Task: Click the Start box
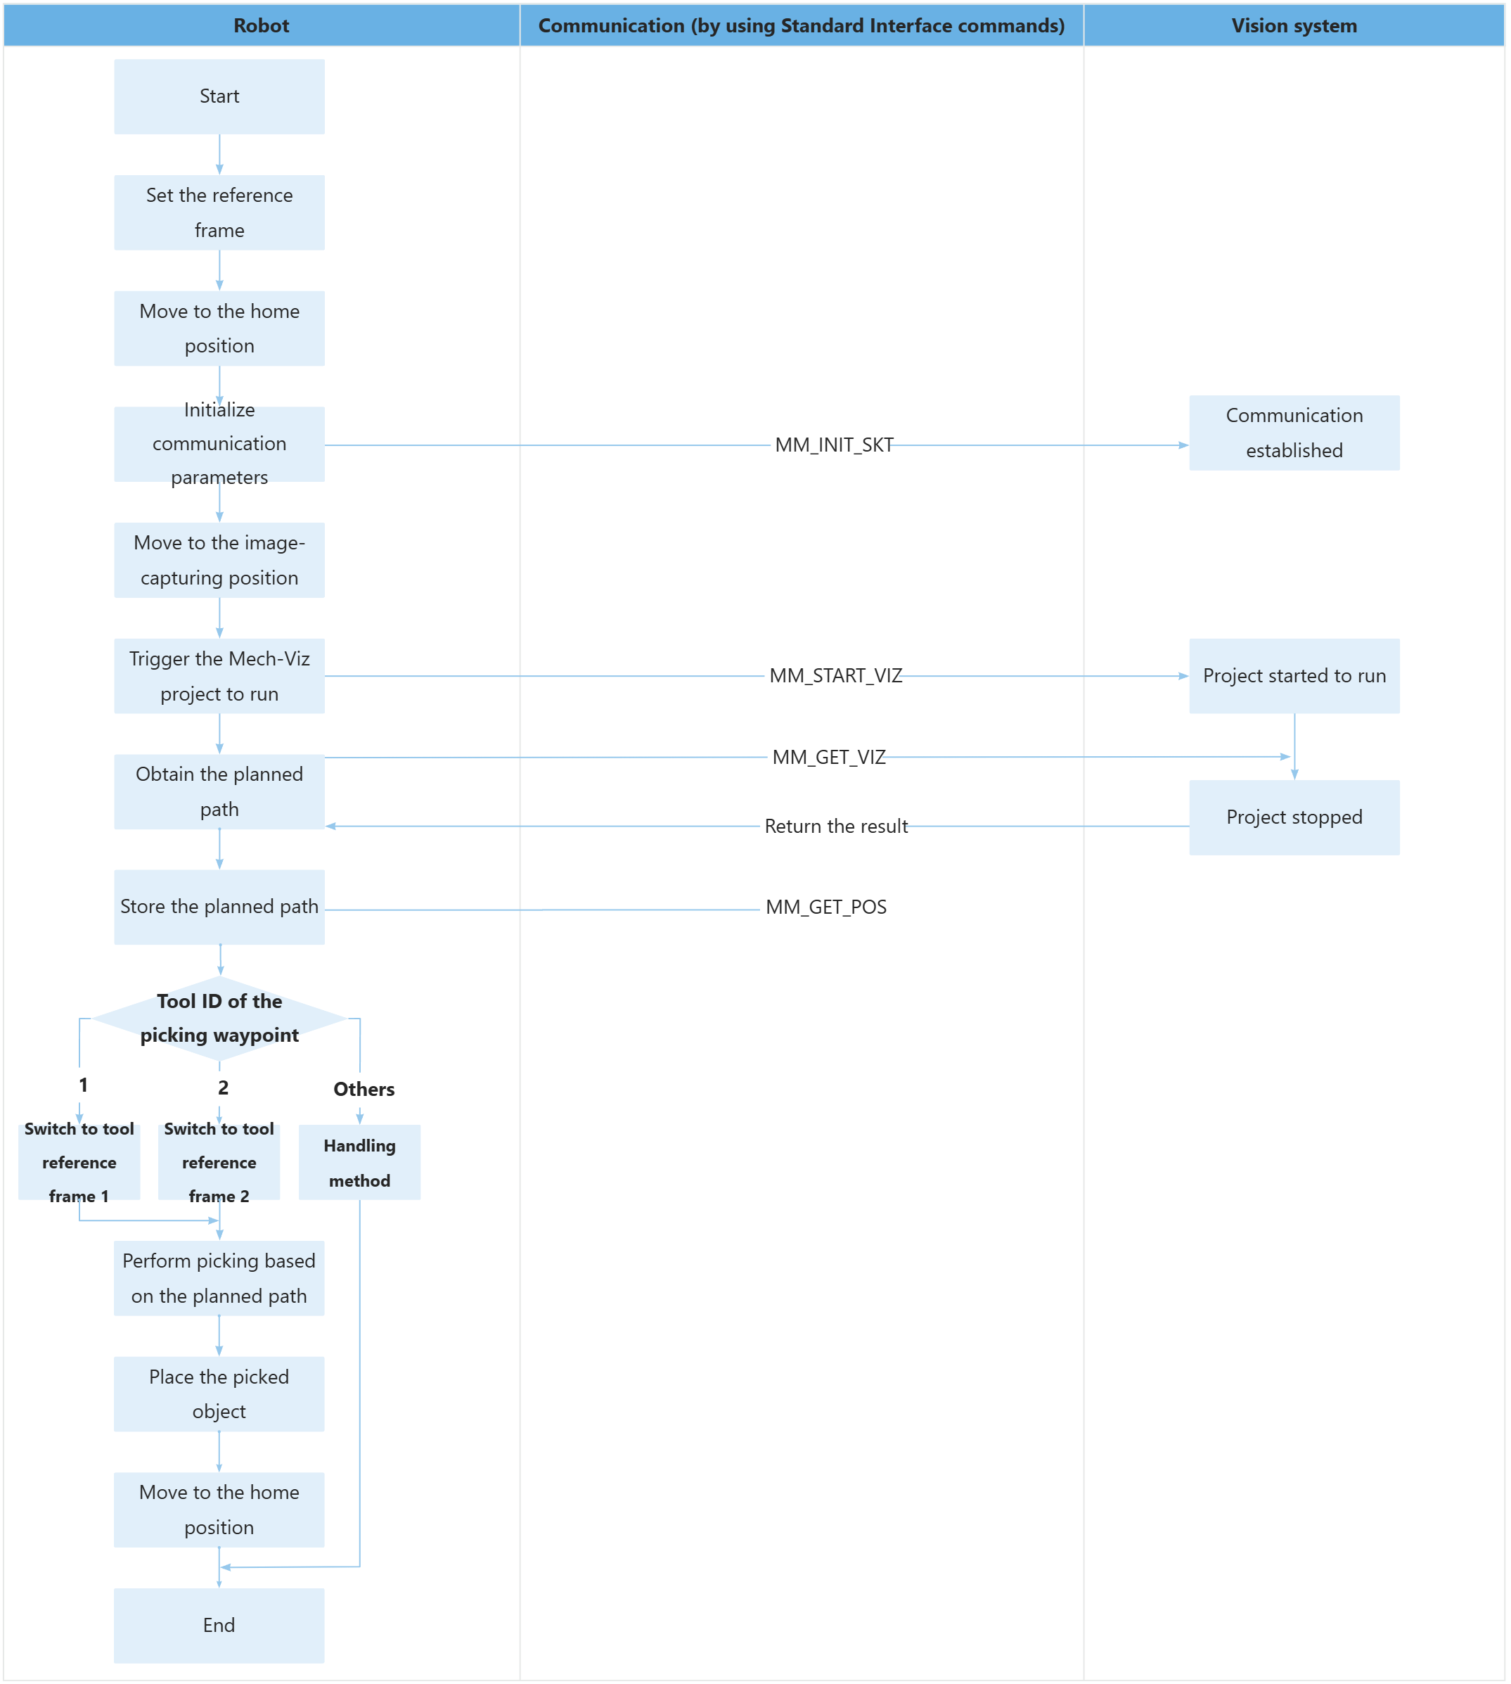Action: [219, 96]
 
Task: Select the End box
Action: [219, 1625]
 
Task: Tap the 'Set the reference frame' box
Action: [219, 212]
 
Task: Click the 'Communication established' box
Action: [1294, 433]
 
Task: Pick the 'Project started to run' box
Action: [1294, 676]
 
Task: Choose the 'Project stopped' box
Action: [1294, 817]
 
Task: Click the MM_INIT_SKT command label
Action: [832, 445]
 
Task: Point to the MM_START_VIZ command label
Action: [835, 676]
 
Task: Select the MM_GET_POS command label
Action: [826, 907]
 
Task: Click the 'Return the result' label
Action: [835, 827]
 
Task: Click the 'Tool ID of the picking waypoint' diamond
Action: [219, 1018]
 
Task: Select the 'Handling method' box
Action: [359, 1163]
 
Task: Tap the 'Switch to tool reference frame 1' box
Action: [79, 1163]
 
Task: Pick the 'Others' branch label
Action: [364, 1090]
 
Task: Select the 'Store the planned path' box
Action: [219, 907]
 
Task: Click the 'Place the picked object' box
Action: [219, 1393]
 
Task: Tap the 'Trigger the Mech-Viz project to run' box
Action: [219, 676]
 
